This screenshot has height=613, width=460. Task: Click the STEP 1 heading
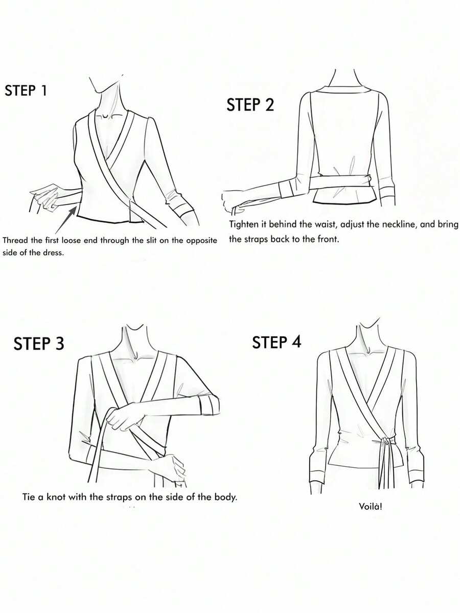tap(26, 90)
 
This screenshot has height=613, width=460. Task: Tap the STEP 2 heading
tap(250, 105)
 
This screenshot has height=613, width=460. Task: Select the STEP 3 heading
tap(39, 343)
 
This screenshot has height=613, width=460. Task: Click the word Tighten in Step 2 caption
tap(243, 225)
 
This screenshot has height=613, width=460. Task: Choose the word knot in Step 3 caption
tap(56, 497)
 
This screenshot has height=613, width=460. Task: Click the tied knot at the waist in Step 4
tap(386, 441)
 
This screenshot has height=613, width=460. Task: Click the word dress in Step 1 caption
tap(54, 253)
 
